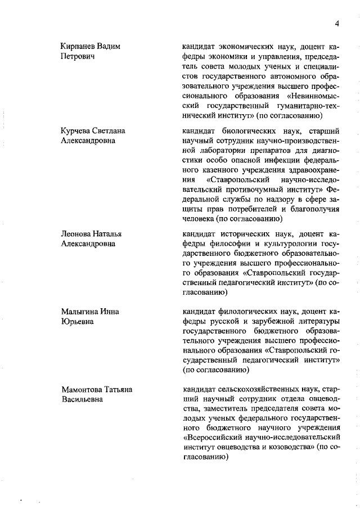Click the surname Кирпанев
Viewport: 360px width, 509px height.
(x=80, y=46)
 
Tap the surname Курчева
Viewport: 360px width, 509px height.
(x=77, y=131)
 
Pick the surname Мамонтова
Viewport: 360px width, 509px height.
(x=83, y=390)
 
